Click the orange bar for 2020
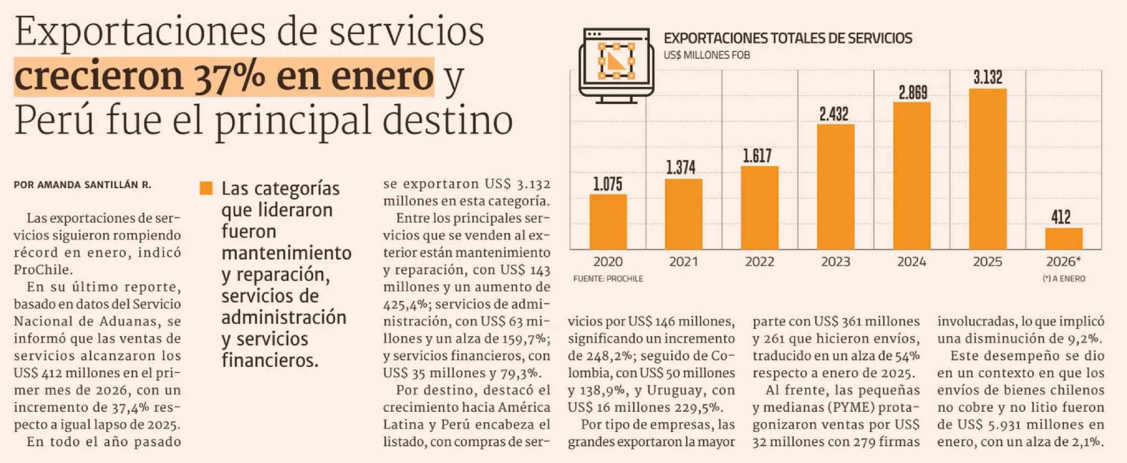608,222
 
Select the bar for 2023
835,187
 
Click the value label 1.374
683,168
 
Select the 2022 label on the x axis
759,262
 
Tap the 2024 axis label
911,262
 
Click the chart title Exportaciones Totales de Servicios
788,39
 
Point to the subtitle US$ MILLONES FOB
707,55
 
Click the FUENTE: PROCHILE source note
608,279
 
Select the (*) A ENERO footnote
1063,279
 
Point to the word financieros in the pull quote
270,360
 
